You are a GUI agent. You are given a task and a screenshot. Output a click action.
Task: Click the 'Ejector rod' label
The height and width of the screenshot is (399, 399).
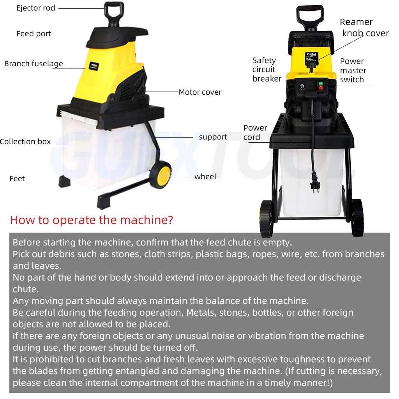tap(35, 8)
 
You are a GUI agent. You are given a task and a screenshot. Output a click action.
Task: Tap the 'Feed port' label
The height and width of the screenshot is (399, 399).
tap(34, 34)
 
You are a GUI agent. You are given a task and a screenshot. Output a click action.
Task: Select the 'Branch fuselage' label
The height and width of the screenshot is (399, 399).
tap(34, 64)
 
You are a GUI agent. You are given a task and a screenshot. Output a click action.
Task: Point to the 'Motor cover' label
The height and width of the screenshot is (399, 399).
tap(200, 92)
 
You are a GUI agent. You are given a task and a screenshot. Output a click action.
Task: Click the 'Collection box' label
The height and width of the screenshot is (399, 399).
tap(25, 141)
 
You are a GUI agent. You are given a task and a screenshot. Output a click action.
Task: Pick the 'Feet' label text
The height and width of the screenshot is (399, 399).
tap(17, 178)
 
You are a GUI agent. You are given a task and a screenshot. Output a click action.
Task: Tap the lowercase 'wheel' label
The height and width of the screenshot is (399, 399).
tap(205, 177)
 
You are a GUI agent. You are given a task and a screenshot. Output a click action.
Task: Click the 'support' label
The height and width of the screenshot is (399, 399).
tap(213, 137)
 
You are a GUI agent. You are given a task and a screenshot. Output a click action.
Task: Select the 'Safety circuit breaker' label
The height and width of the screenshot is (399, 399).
tap(267, 69)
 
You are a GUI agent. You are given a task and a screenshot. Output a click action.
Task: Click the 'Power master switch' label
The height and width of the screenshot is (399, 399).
tap(353, 70)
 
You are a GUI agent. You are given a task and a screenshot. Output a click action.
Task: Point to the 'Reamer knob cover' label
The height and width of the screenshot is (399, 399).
tap(364, 28)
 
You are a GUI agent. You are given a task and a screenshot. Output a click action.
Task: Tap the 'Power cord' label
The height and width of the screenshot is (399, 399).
tap(255, 132)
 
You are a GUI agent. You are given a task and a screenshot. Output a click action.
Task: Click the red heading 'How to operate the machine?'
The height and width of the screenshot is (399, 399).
tap(92, 220)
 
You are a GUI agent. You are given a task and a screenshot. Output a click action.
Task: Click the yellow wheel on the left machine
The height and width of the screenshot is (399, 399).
tap(161, 175)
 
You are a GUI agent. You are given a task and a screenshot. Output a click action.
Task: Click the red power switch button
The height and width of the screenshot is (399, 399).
tap(321, 88)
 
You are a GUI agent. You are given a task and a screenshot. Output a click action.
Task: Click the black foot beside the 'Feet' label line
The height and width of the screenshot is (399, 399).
tap(64, 181)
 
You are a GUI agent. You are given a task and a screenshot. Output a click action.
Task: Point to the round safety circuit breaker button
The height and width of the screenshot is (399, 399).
tap(302, 87)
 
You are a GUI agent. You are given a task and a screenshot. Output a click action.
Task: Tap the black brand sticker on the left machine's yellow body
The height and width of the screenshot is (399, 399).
tap(94, 66)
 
